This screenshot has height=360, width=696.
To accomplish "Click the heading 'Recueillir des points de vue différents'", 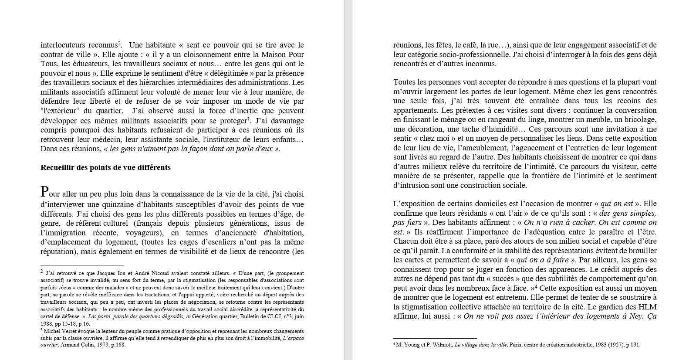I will (x=105, y=167).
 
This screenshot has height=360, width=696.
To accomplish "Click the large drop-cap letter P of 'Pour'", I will (x=44, y=192).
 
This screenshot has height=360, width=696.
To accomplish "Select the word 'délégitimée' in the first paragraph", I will (x=232, y=73).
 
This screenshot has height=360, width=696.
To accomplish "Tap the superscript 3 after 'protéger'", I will (x=248, y=119).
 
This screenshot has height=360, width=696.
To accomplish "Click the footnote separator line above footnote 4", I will (x=435, y=338).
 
